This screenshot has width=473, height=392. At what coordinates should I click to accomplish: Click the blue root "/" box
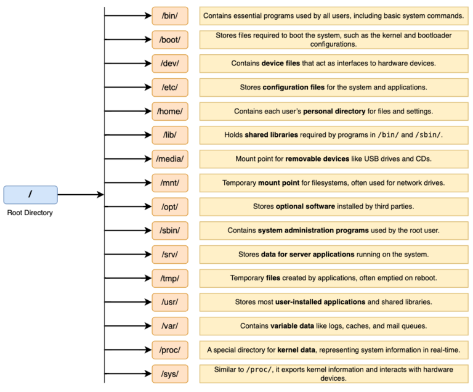[30, 195]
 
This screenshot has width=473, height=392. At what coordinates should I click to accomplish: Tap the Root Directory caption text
[30, 213]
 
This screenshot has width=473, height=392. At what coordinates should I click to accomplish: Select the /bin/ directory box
[169, 15]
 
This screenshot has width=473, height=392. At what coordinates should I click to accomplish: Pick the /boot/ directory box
[169, 39]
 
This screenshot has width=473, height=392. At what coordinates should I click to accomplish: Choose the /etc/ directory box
[169, 88]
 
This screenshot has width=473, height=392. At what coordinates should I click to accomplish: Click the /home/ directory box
[169, 112]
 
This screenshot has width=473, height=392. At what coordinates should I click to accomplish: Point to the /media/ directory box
[169, 159]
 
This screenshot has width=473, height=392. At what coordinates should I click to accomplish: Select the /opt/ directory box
[169, 206]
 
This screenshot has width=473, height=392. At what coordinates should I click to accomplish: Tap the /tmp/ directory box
[169, 278]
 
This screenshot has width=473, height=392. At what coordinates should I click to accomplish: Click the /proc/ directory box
[169, 350]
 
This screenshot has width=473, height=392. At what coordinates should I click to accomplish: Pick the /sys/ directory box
[169, 374]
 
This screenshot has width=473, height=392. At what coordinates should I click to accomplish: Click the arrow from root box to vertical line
[80, 195]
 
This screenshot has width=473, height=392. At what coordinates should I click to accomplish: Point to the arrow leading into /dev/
[128, 63]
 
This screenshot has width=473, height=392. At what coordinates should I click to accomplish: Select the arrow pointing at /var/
[128, 326]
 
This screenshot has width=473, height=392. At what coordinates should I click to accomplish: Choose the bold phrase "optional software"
[305, 206]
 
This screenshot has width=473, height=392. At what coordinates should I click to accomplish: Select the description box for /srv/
[333, 254]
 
